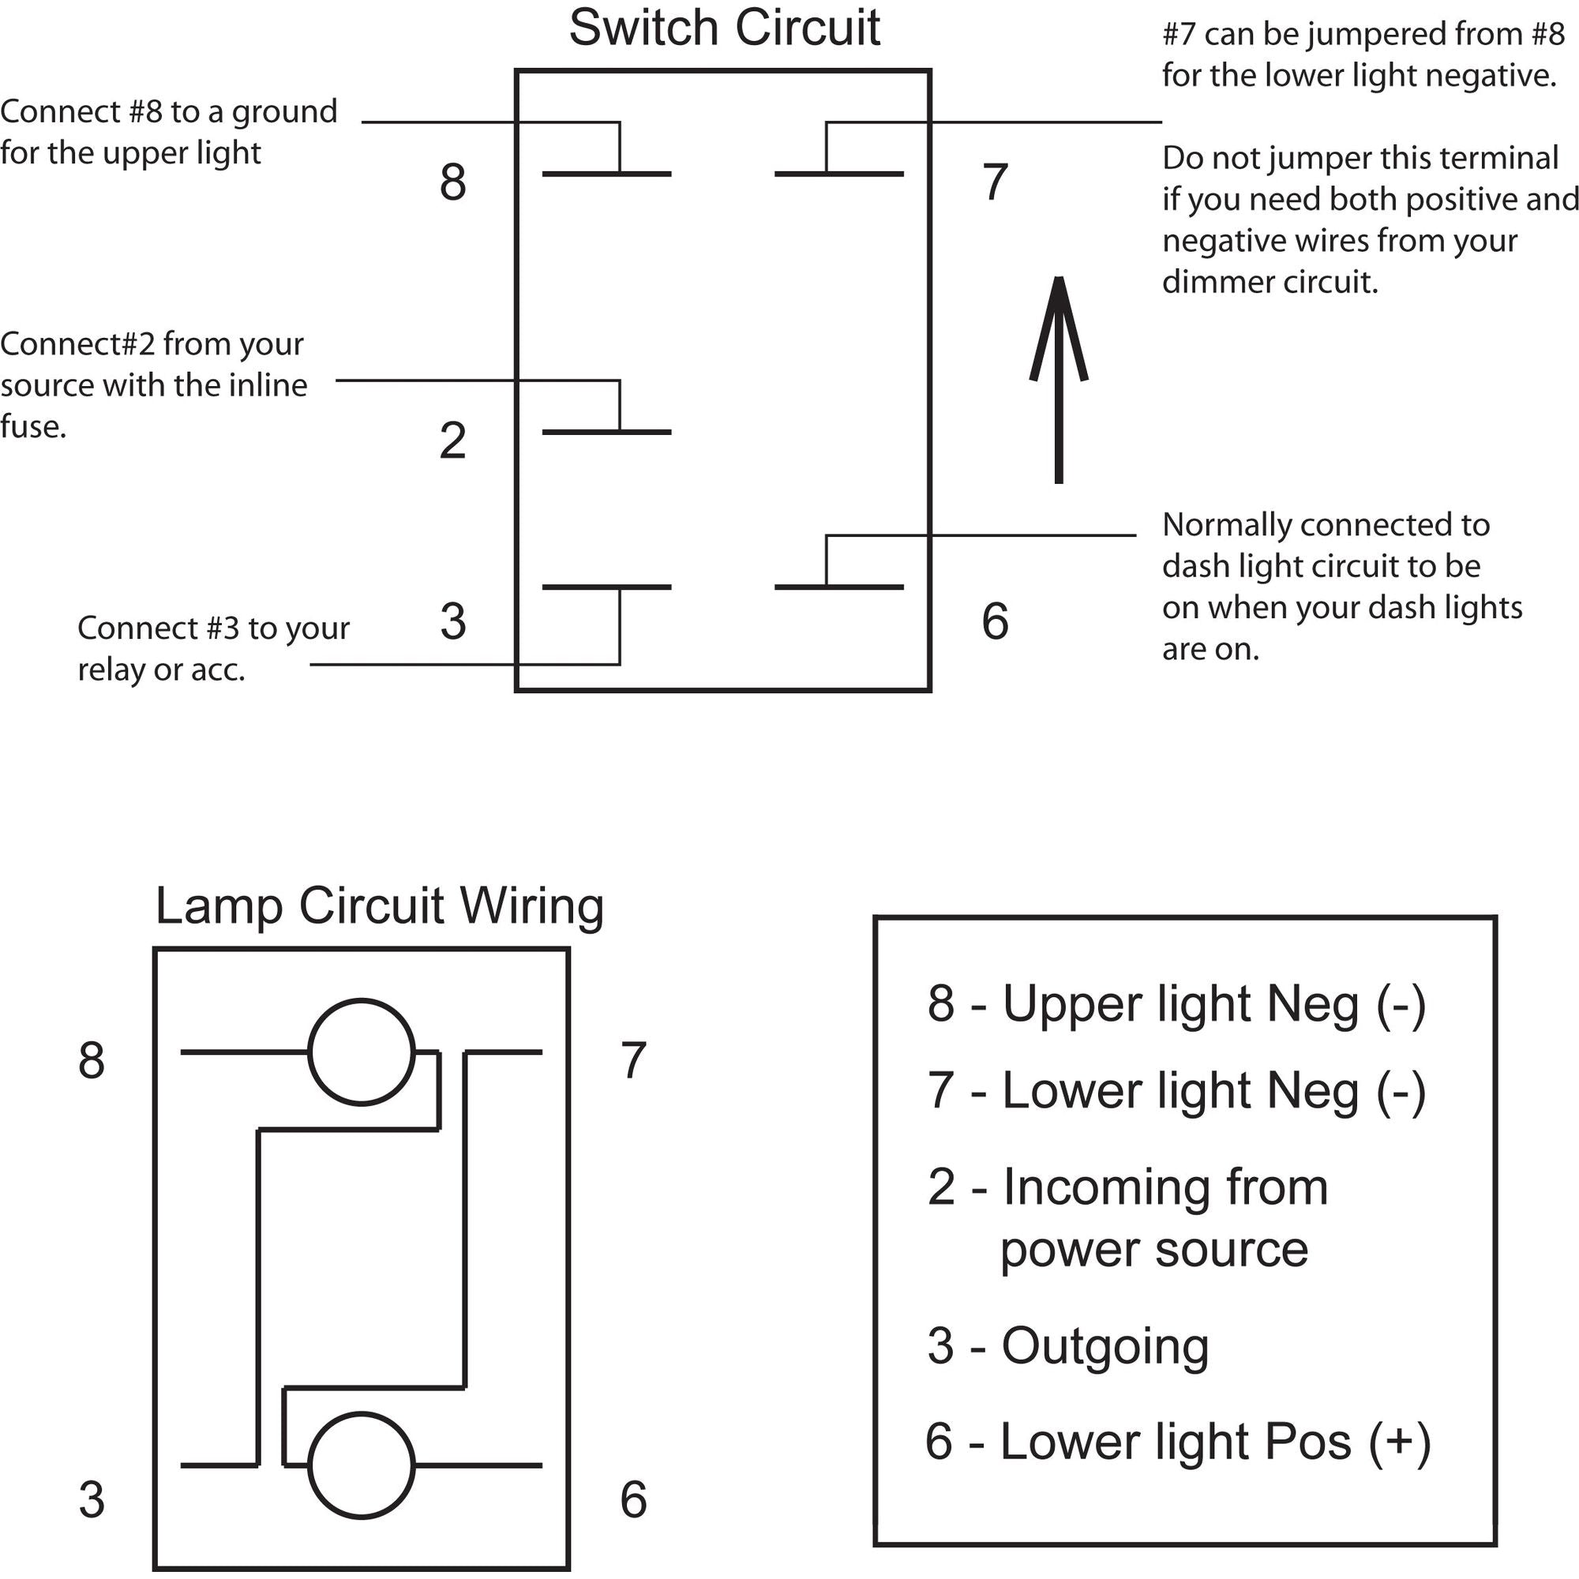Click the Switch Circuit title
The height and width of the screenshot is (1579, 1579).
(724, 28)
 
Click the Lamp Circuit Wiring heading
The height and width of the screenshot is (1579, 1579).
(379, 906)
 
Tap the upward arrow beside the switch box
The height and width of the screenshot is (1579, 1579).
(1059, 380)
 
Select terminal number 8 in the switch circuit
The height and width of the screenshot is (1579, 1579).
(452, 182)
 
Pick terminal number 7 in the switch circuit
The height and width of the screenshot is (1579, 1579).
(995, 182)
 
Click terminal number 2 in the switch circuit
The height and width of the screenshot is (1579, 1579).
(452, 441)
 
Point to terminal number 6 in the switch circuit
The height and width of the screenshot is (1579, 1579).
(995, 621)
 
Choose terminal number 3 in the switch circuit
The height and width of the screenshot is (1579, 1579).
(452, 621)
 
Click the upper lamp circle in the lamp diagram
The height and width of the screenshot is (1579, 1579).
(362, 1052)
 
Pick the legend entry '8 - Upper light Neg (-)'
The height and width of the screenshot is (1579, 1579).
(1176, 1003)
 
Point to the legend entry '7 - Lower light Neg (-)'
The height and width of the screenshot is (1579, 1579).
(1176, 1091)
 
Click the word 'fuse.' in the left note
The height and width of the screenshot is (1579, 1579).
(32, 426)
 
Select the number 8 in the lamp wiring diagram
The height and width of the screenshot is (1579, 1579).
(92, 1061)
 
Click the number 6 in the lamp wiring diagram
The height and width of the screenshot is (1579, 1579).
(633, 1500)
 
